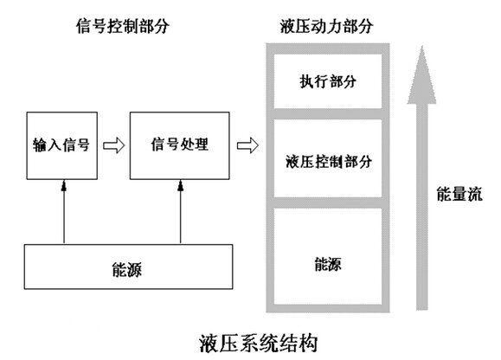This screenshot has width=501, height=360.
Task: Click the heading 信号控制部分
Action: (122, 26)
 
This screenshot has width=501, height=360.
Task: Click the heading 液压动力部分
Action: (326, 26)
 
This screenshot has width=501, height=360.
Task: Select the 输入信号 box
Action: (62, 145)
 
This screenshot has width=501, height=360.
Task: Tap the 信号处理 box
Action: (180, 145)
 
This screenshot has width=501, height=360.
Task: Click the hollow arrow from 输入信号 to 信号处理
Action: (113, 145)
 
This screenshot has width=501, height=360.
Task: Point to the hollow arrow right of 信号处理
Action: (247, 145)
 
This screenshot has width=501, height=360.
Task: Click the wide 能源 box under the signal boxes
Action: (128, 267)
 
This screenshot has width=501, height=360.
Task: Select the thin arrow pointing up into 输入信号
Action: (64, 212)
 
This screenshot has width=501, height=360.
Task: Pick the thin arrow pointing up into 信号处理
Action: (181, 212)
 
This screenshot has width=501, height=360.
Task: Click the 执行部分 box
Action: (328, 81)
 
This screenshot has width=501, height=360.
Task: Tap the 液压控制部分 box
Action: (328, 158)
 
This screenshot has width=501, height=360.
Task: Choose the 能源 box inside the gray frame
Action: (328, 256)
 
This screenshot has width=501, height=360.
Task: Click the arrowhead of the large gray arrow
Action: (421, 77)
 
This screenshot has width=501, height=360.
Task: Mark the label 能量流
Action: (459, 194)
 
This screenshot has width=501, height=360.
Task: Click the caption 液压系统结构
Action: (259, 344)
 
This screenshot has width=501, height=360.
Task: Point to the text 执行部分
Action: (328, 81)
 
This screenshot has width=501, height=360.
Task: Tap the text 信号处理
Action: (180, 145)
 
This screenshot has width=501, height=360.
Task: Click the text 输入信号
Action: (61, 145)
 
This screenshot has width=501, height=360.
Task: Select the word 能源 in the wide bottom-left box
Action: (127, 269)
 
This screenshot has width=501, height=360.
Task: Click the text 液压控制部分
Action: (329, 161)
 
